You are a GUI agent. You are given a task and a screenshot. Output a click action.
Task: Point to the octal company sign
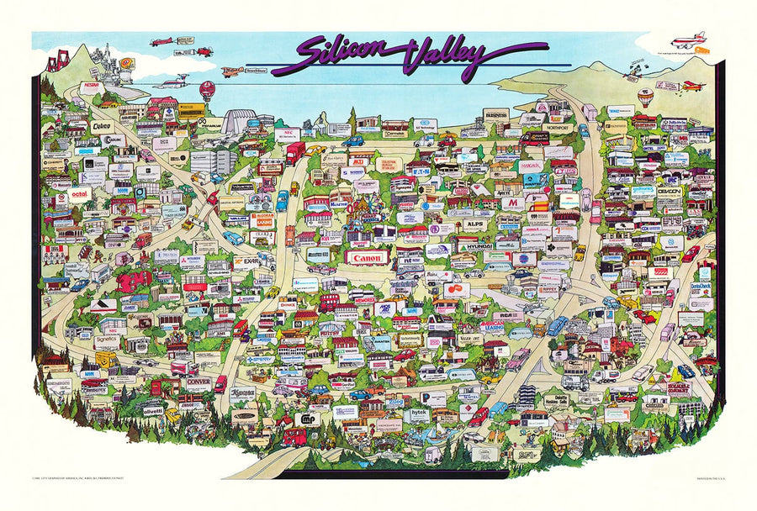coord(80,194)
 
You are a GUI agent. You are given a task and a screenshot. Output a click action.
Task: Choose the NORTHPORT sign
coord(556,129)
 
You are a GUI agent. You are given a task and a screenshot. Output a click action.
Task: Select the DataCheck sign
coord(701,287)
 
